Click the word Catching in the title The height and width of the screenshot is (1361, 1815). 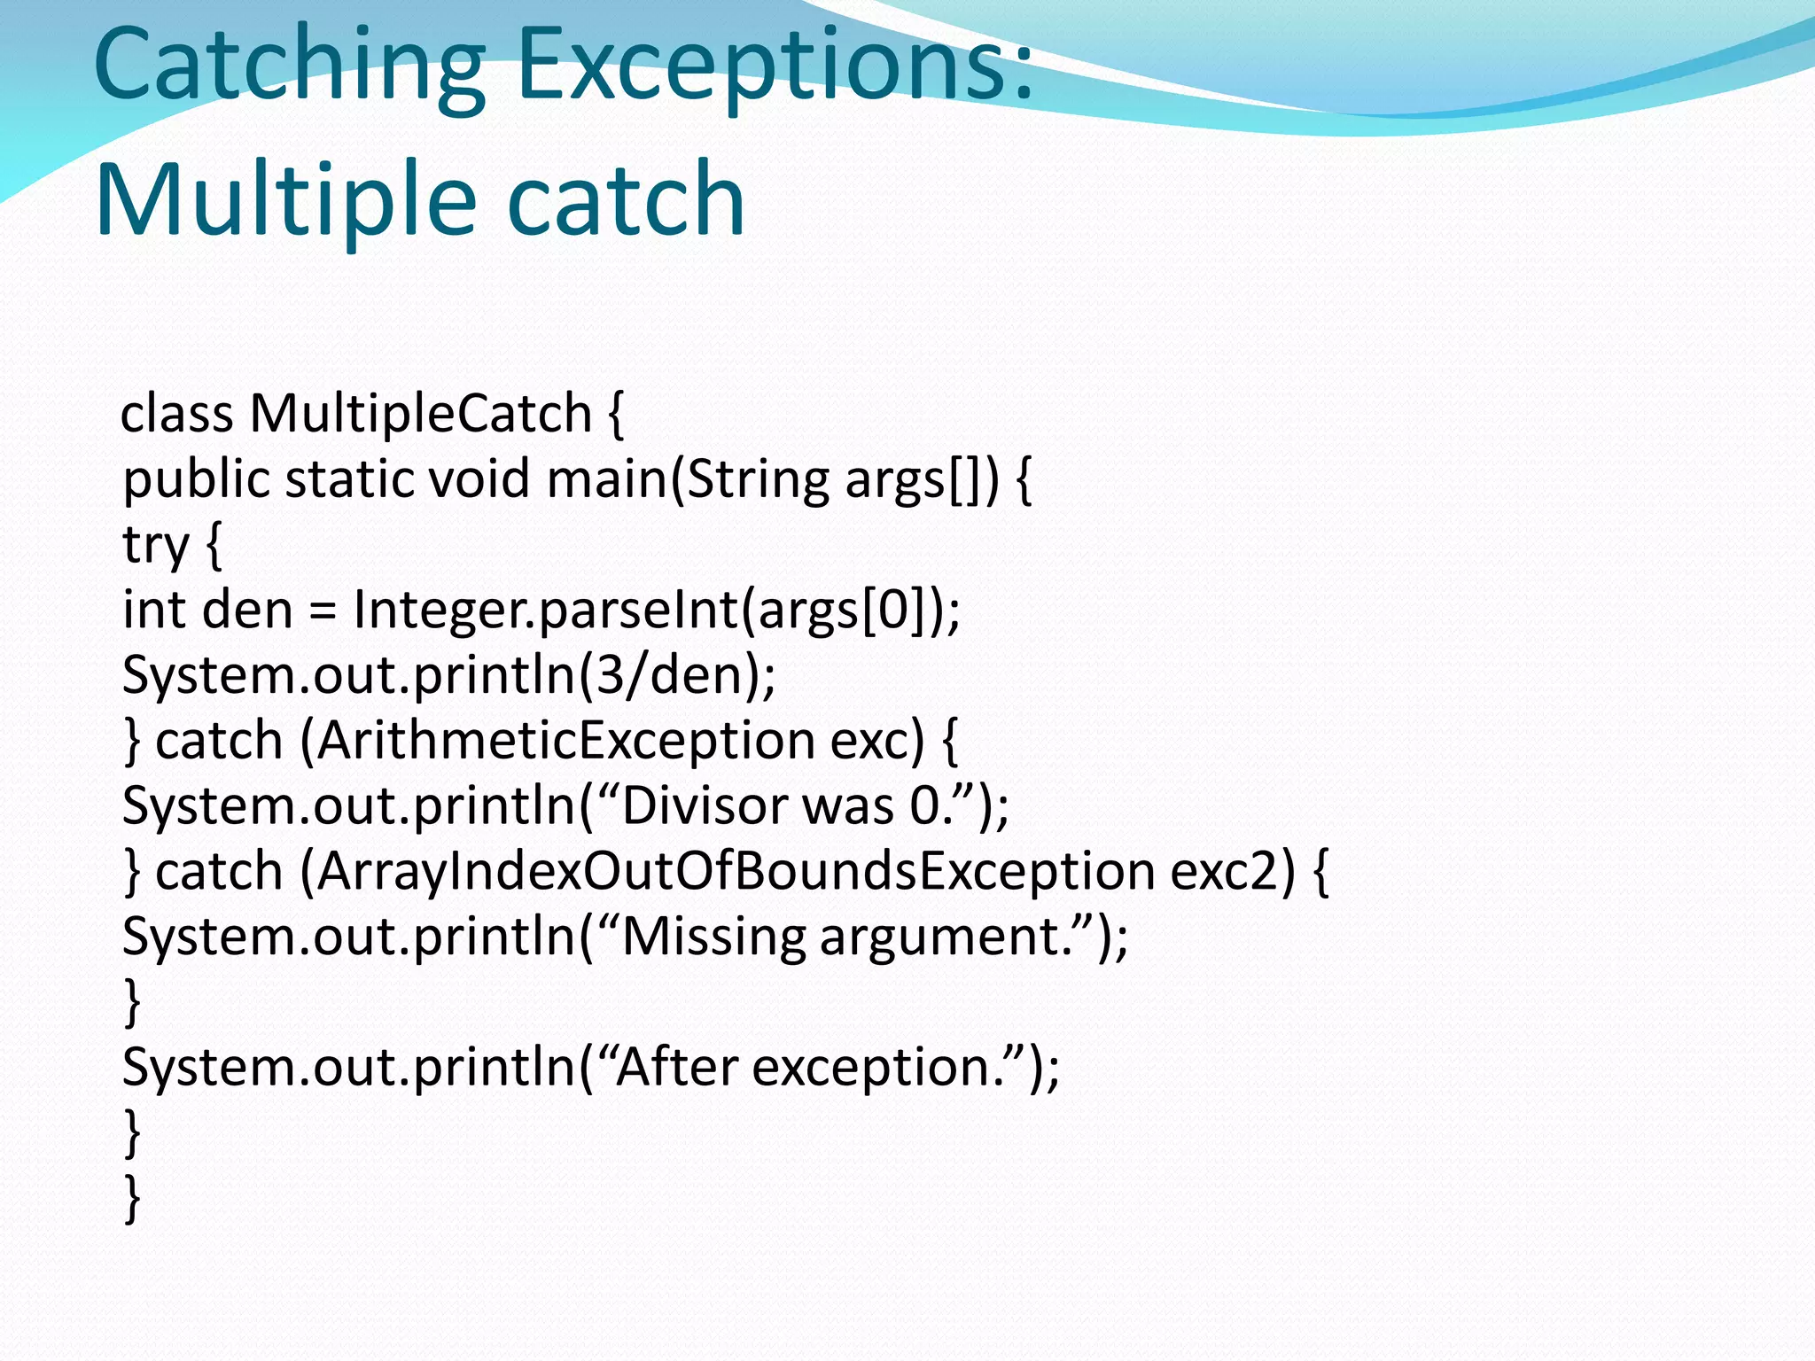pyautogui.click(x=289, y=66)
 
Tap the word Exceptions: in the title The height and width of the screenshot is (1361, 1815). pyautogui.click(x=775, y=66)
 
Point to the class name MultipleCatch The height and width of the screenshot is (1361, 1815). pyautogui.click(x=420, y=413)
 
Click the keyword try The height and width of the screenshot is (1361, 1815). pyautogui.click(x=156, y=545)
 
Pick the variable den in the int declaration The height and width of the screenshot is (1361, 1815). pyautogui.click(x=248, y=611)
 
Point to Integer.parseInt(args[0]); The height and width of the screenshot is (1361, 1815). pyautogui.click(x=657, y=611)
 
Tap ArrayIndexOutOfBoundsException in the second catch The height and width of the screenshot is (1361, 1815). pyautogui.click(x=736, y=871)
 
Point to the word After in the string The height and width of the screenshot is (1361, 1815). pyautogui.click(x=677, y=1067)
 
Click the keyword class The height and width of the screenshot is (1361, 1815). pyautogui.click(x=177, y=414)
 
